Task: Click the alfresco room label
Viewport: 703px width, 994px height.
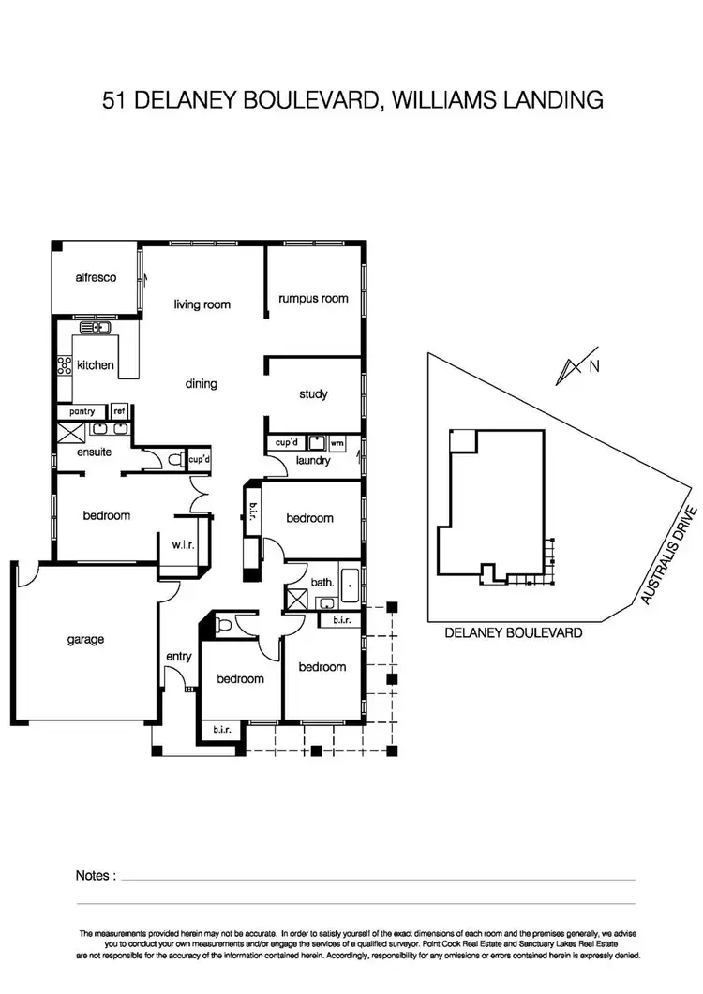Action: pyautogui.click(x=96, y=277)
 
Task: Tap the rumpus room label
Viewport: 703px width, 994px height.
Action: pyautogui.click(x=313, y=299)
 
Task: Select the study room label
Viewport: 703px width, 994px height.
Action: pyautogui.click(x=313, y=394)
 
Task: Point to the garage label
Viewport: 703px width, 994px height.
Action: pyautogui.click(x=85, y=640)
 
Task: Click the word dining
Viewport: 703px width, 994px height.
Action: pyautogui.click(x=201, y=383)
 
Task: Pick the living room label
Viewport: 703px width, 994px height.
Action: pyautogui.click(x=202, y=304)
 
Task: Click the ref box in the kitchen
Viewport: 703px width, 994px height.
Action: pyautogui.click(x=119, y=411)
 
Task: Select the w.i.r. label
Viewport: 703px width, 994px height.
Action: pyautogui.click(x=184, y=546)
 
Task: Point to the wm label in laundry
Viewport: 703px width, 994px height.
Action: pyautogui.click(x=337, y=442)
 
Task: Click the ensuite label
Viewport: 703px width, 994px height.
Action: pyautogui.click(x=95, y=452)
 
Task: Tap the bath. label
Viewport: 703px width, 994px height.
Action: pyautogui.click(x=322, y=583)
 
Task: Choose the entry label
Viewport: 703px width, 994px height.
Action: pyautogui.click(x=178, y=657)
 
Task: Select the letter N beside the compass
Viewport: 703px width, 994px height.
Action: pyautogui.click(x=593, y=367)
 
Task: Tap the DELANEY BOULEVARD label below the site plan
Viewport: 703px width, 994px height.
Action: pyautogui.click(x=514, y=633)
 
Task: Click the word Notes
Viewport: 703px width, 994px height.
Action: pyautogui.click(x=96, y=876)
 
